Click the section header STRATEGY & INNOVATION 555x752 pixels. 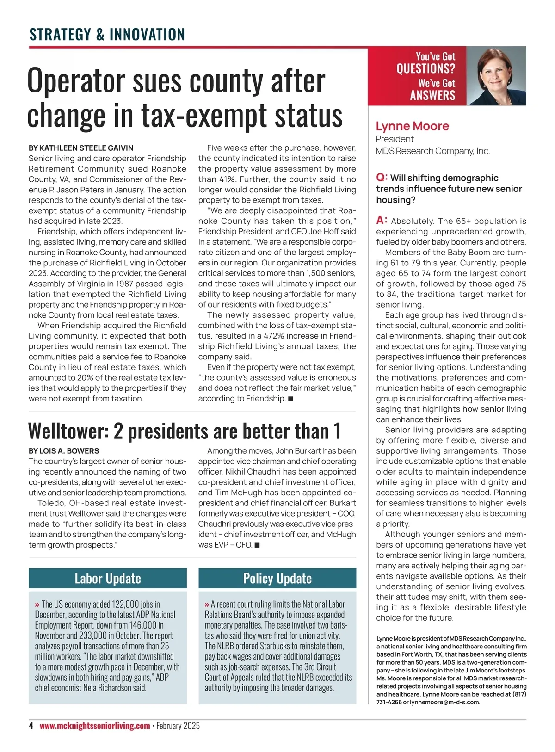(107, 35)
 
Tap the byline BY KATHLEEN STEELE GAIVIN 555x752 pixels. (81, 148)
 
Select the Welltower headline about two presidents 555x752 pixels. (184, 431)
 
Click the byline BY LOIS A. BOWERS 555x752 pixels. (64, 450)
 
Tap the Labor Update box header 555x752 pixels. (108, 579)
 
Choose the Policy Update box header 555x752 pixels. (277, 579)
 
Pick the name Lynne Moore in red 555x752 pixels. (412, 126)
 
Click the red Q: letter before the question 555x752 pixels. (382, 178)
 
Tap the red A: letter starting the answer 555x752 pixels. (382, 221)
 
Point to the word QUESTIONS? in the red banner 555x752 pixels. (425, 69)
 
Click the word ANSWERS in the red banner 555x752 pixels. (432, 95)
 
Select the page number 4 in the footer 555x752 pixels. (31, 726)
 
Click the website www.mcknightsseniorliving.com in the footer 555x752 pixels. (95, 726)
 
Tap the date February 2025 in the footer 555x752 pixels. (178, 726)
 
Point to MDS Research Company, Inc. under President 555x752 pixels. (432, 151)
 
